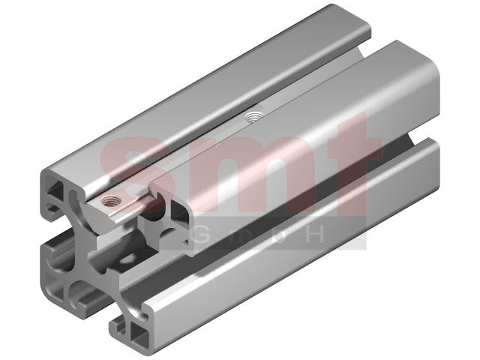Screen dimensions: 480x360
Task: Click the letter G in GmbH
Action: point(203,234)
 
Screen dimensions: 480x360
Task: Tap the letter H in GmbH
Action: point(314,235)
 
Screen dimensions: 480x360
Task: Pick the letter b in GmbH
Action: point(278,235)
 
